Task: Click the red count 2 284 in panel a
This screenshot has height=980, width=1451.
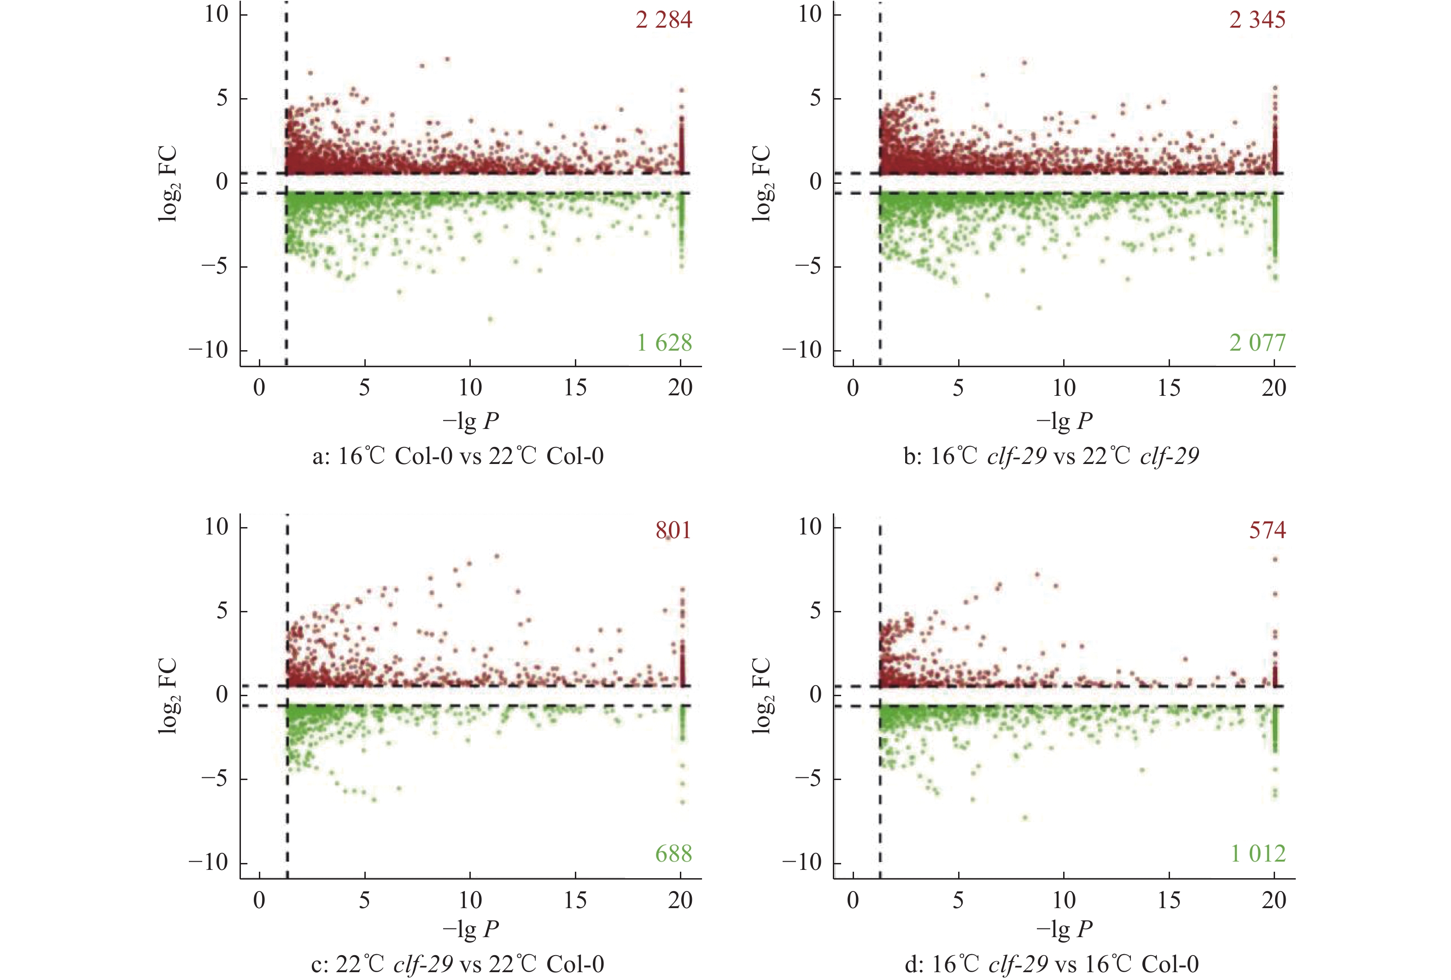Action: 664,20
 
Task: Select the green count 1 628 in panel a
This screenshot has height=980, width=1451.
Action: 664,343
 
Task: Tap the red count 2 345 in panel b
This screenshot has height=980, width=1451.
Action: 1258,20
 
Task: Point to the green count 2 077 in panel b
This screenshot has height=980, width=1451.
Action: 1258,343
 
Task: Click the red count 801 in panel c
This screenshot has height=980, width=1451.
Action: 673,531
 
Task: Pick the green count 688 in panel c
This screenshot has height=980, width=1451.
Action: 673,854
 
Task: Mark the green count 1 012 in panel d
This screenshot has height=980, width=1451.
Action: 1258,854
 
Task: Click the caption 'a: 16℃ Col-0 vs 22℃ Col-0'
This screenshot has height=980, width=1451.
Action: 458,457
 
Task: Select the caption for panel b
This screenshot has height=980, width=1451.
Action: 1052,457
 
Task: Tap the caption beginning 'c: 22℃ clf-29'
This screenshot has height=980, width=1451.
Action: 458,964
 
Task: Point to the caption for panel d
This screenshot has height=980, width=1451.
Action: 1052,964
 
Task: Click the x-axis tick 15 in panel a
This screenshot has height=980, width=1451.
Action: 575,388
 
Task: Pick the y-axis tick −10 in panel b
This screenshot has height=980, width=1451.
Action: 802,351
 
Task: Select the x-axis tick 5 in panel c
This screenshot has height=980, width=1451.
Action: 365,901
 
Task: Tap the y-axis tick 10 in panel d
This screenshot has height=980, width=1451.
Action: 810,527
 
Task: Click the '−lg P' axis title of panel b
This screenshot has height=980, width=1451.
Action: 1064,422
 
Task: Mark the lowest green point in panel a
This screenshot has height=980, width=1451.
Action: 490,319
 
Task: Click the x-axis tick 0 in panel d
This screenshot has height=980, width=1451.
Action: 853,901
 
